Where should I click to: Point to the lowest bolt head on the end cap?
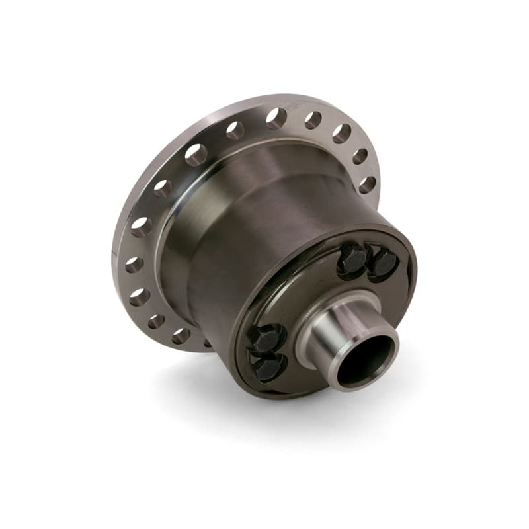267,369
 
